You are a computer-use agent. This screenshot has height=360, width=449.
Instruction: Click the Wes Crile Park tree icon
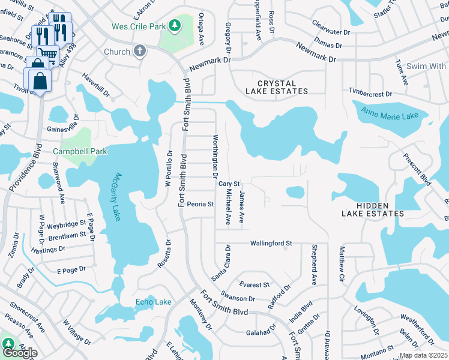174,26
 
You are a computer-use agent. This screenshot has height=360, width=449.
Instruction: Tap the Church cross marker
140,51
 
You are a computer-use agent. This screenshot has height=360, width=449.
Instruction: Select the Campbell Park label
80,151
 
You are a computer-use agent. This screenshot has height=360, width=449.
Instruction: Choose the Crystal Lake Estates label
277,88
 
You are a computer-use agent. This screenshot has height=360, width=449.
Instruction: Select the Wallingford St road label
271,243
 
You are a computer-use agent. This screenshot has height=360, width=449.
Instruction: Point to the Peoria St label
200,204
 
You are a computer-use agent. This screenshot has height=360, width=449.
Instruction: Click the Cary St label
229,184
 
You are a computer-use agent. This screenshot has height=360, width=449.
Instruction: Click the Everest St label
255,284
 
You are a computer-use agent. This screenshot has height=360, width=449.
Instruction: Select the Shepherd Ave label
313,264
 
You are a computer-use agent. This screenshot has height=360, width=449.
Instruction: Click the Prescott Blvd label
418,170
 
